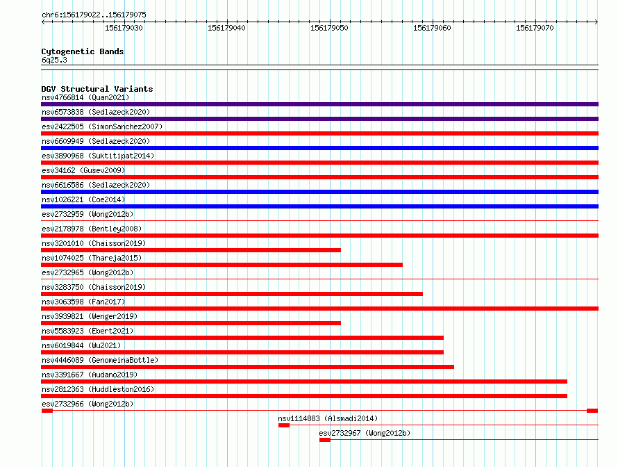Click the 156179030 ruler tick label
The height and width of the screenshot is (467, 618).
pyautogui.click(x=124, y=28)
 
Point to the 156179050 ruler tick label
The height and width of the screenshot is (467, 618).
pyautogui.click(x=329, y=28)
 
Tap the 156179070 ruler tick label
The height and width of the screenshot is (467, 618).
pyautogui.click(x=535, y=28)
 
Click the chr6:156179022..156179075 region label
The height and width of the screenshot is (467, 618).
pyautogui.click(x=94, y=15)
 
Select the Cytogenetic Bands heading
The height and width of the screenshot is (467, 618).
pyautogui.click(x=83, y=51)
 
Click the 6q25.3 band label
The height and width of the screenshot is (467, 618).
pyautogui.click(x=54, y=60)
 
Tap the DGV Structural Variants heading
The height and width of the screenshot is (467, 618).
pyautogui.click(x=97, y=89)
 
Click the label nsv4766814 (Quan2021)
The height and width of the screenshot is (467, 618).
pyautogui.click(x=85, y=97)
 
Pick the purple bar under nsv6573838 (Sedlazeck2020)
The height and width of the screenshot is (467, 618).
pyautogui.click(x=319, y=119)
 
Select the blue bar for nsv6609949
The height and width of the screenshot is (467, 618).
pyautogui.click(x=319, y=148)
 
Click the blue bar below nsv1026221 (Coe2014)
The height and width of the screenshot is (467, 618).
pyautogui.click(x=319, y=206)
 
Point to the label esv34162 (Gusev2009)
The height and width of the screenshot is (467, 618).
pyautogui.click(x=83, y=170)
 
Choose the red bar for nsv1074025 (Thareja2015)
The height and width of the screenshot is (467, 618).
pyautogui.click(x=222, y=265)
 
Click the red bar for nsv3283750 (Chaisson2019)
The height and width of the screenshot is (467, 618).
pyautogui.click(x=232, y=294)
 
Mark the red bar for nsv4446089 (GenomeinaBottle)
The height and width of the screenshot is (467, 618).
pyautogui.click(x=247, y=367)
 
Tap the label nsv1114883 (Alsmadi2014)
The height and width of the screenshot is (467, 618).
pyautogui.click(x=328, y=418)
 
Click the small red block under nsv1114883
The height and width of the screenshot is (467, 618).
pyautogui.click(x=284, y=425)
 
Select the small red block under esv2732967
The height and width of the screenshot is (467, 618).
pyautogui.click(x=325, y=440)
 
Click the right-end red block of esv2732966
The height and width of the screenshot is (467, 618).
pyautogui.click(x=592, y=411)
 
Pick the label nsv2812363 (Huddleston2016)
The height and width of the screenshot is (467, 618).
pyautogui.click(x=98, y=389)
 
